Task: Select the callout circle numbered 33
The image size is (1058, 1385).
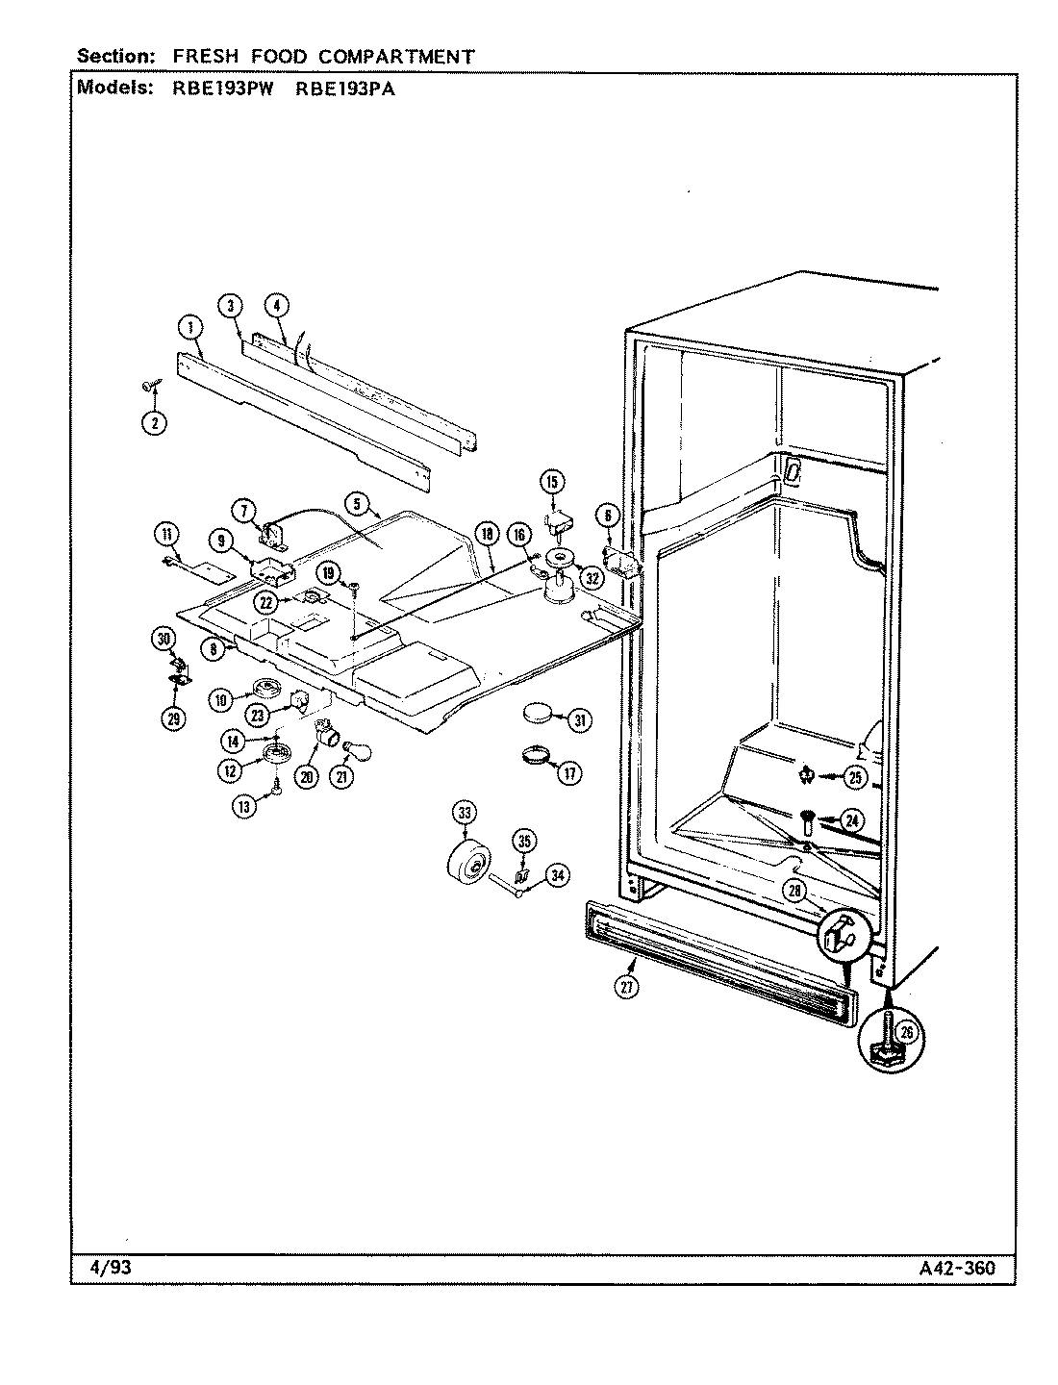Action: (465, 815)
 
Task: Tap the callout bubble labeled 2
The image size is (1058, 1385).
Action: (154, 421)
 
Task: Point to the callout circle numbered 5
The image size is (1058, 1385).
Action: (355, 502)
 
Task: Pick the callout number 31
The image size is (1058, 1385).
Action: (578, 720)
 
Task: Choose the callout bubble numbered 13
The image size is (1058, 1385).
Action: (244, 807)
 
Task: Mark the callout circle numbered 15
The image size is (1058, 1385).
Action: (553, 481)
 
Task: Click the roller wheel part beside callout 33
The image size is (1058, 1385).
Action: (468, 861)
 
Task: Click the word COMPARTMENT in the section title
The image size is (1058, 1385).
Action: (396, 57)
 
